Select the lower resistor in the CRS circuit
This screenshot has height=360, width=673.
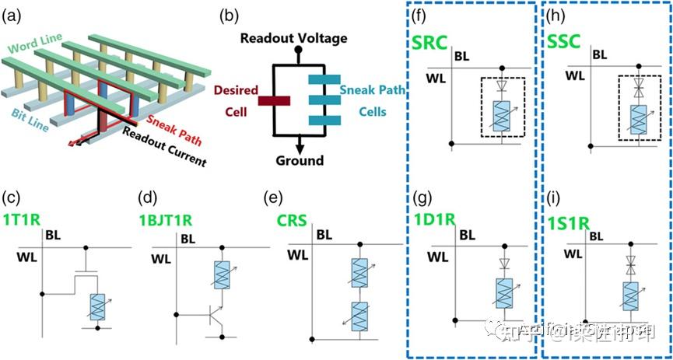pyautogui.click(x=359, y=317)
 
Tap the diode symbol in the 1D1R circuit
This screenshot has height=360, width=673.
pyautogui.click(x=502, y=264)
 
